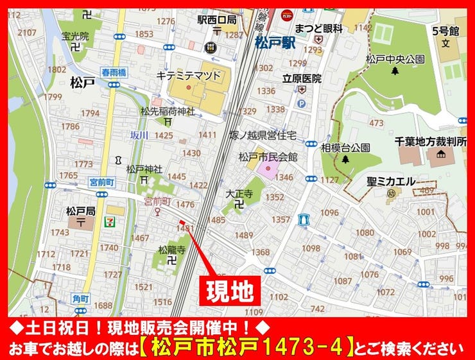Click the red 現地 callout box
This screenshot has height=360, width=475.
pos(229,291)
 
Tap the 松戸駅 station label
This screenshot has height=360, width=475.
pos(274,44)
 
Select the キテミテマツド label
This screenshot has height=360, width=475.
pos(189,76)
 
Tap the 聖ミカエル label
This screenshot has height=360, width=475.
pos(392,181)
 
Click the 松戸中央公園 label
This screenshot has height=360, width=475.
pos(395,59)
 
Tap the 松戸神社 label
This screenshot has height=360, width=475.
pos(144,169)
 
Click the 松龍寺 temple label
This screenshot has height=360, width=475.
pos(171,249)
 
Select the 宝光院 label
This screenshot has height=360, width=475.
pos(75,36)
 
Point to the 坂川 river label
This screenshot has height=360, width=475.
pos(139,135)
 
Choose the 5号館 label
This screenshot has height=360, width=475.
pos(445,30)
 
